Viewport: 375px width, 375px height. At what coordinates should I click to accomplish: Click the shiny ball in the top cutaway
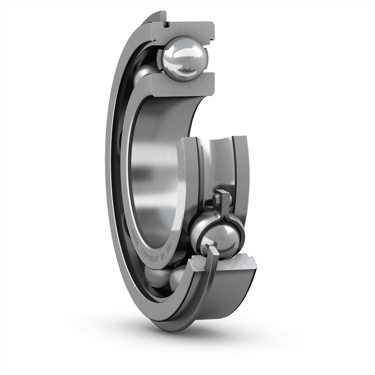184,58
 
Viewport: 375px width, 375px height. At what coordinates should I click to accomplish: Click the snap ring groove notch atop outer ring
166,22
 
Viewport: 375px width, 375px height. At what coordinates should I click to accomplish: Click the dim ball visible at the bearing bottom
159,278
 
